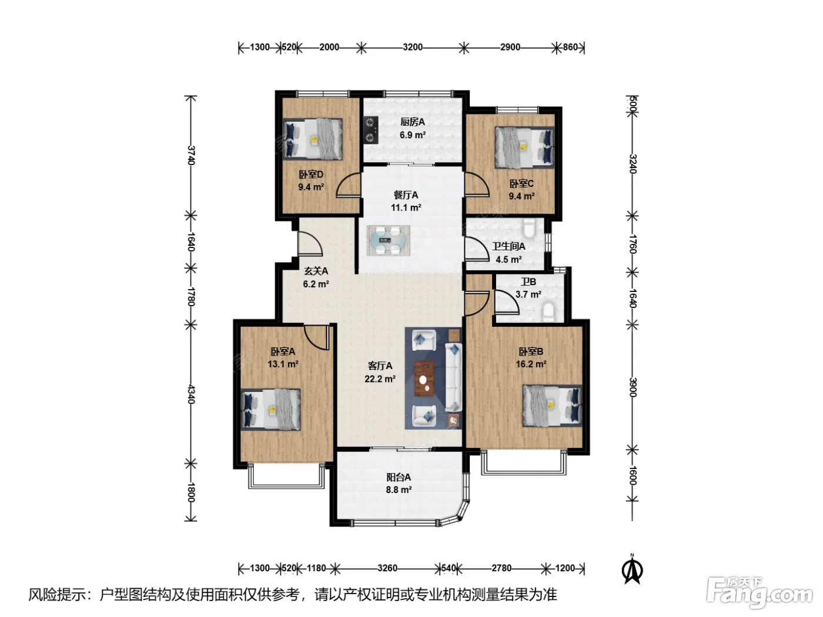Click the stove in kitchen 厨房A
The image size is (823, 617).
370,130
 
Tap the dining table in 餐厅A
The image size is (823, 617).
388,241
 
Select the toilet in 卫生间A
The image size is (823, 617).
530,228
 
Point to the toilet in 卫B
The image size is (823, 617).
548,312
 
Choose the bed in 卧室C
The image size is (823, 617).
524,147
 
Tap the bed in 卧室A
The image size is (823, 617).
271,409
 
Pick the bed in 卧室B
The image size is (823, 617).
552,405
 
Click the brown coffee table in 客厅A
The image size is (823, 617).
424,378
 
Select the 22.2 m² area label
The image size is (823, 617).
380,379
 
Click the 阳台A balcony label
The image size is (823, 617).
399,477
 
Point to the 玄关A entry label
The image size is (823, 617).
316,271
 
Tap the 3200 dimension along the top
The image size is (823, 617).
413,47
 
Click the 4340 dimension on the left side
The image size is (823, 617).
191,394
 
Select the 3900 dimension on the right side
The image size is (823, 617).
633,387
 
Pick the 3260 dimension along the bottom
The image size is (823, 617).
387,568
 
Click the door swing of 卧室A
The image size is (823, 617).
316,338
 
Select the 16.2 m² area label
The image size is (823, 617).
531,364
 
